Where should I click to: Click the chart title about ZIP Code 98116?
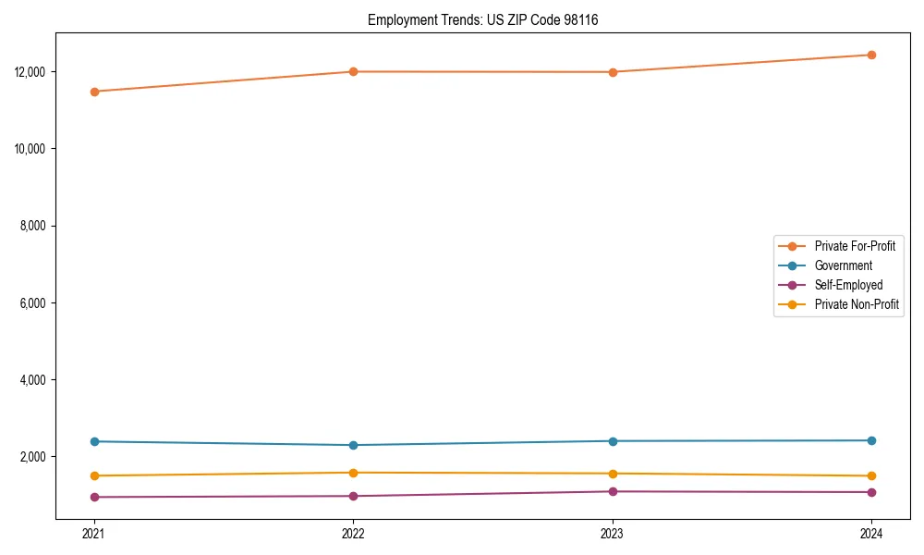point(482,19)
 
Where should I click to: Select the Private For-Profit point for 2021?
point(94,92)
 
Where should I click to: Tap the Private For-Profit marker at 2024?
point(871,55)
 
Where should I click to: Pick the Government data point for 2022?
point(353,445)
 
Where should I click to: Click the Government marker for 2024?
point(871,440)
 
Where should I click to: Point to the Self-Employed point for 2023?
point(613,491)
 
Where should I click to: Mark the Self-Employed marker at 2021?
point(94,497)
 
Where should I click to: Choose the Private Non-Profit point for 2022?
point(353,473)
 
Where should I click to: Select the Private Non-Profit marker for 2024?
point(871,475)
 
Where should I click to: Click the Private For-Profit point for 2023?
point(613,72)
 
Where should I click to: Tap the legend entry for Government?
point(843,265)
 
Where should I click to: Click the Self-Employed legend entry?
point(848,285)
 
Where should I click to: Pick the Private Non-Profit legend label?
point(857,304)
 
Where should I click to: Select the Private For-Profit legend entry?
point(855,246)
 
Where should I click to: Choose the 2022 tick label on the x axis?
point(353,533)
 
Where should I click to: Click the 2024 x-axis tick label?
point(871,533)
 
